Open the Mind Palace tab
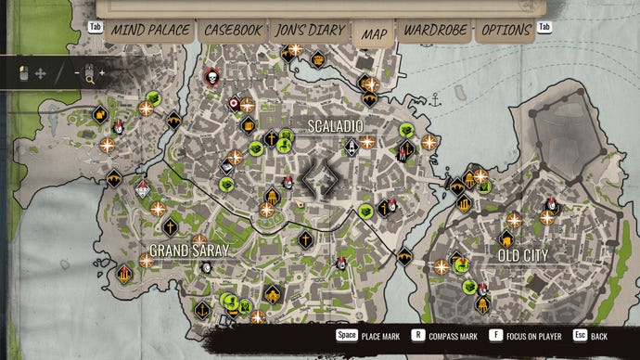[147, 30]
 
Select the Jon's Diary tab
[310, 30]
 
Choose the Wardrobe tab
[434, 30]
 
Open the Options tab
[506, 30]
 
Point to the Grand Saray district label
[189, 251]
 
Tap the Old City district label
[522, 254]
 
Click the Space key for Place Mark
[346, 335]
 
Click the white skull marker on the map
[211, 75]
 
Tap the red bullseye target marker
[234, 104]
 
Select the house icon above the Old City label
[506, 238]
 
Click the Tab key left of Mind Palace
[95, 27]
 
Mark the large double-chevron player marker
[322, 177]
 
